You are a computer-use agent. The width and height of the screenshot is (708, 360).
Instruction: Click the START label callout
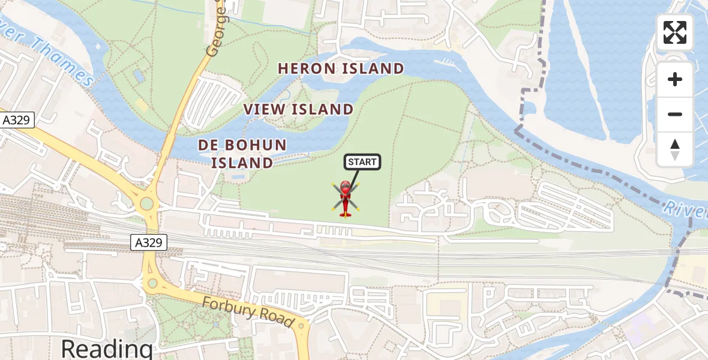click(x=362, y=162)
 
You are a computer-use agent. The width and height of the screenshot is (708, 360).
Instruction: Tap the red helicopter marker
click(x=345, y=198)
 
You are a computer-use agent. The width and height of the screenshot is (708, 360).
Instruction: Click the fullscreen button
click(x=675, y=32)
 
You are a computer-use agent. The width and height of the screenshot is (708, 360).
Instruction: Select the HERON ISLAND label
click(x=341, y=69)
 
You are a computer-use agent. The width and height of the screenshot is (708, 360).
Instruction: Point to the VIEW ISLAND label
click(x=298, y=109)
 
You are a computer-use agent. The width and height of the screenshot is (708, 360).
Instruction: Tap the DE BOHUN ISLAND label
click(x=242, y=154)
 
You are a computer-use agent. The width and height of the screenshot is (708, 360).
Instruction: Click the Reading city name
click(x=107, y=348)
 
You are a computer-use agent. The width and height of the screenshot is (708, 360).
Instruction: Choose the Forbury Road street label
click(x=248, y=312)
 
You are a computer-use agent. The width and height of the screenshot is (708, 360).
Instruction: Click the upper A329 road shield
click(x=16, y=120)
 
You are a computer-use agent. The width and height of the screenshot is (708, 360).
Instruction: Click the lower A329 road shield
click(x=149, y=242)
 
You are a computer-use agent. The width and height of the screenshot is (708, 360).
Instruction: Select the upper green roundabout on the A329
click(x=147, y=205)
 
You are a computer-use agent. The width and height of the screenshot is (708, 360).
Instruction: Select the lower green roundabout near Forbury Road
click(x=152, y=283)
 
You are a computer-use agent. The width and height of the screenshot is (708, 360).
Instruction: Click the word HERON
click(x=306, y=69)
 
